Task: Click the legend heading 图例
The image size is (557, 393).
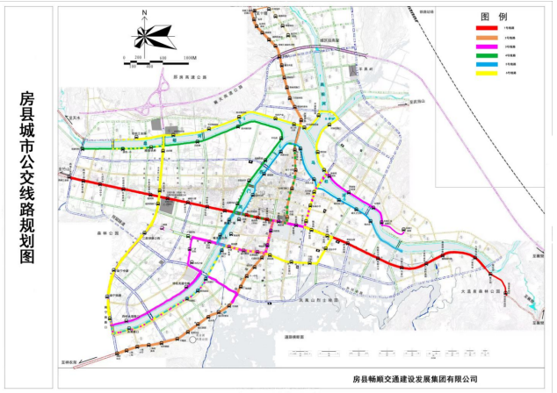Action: click(x=489, y=17)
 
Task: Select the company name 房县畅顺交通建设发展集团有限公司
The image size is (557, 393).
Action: click(x=414, y=380)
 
